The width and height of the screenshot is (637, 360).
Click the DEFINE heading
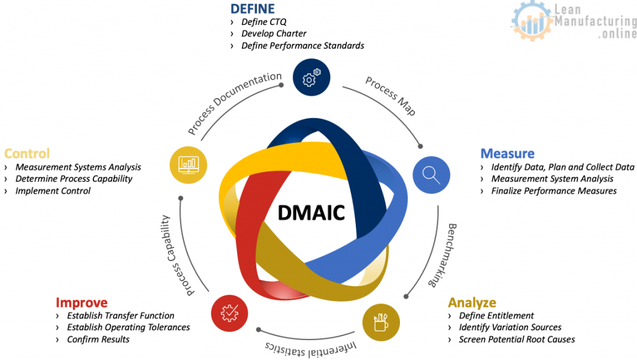(253, 9)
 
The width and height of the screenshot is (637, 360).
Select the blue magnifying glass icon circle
(432, 173)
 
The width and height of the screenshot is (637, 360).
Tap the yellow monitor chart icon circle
(188, 164)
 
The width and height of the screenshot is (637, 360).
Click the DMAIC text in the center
(311, 213)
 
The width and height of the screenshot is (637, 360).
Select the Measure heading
(507, 154)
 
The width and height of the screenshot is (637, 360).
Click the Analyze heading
(472, 303)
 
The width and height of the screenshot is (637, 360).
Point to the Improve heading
(81, 303)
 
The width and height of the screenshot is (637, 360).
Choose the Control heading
(27, 154)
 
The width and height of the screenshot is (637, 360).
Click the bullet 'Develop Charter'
(274, 34)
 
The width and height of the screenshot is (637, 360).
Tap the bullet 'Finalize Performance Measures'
(554, 191)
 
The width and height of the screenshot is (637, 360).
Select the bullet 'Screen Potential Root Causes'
(516, 339)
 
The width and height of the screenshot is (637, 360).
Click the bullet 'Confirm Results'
(98, 339)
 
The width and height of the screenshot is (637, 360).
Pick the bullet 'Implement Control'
(53, 191)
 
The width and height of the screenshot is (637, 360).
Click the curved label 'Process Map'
(391, 96)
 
